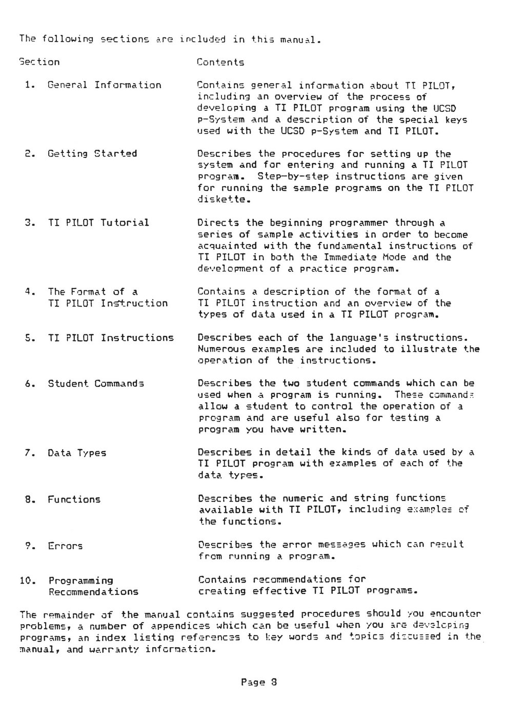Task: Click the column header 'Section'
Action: (39, 62)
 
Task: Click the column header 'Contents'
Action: (220, 63)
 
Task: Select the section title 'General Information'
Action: (104, 85)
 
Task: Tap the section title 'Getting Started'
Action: (92, 153)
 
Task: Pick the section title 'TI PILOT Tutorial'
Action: (98, 223)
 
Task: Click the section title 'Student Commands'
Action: (96, 384)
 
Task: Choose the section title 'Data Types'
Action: (77, 453)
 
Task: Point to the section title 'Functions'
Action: (74, 499)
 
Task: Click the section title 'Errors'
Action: (65, 546)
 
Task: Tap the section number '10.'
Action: (27, 581)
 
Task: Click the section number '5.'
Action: (30, 338)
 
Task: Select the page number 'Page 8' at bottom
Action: (259, 683)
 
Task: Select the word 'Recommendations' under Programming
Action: (93, 592)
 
